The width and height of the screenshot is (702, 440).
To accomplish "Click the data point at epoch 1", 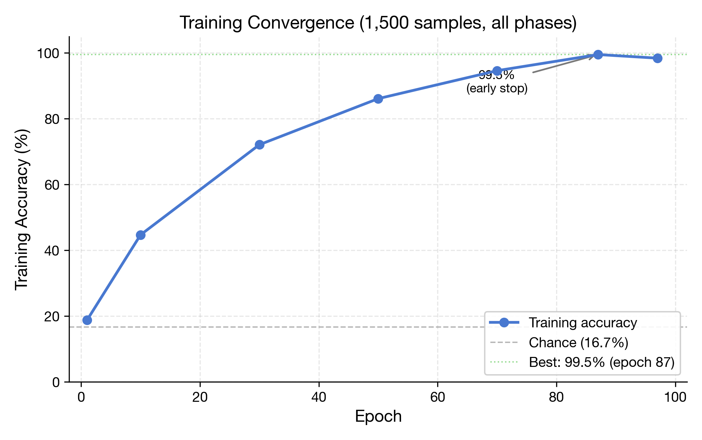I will coord(87,320).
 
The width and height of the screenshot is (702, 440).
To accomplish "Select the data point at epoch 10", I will coord(141,235).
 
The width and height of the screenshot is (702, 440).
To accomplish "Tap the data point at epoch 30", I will coord(259,145).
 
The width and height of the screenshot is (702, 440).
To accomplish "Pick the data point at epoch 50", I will coord(378,99).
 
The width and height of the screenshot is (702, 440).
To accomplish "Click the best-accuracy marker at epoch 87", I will coord(598,55).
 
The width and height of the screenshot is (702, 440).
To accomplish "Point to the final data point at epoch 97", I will coord(657,58).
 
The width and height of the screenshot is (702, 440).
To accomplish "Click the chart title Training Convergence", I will coord(378,23).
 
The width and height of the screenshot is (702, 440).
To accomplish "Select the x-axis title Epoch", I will coord(378,416).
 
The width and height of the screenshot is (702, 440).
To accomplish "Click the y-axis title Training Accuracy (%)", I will coord(22,209).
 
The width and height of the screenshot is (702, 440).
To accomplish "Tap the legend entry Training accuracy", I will coord(583,323).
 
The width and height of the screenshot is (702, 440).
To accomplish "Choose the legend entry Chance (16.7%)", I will coord(578,343).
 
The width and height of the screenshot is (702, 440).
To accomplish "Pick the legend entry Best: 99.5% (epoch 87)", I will coord(602,362).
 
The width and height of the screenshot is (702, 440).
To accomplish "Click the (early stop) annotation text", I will coord(497,88).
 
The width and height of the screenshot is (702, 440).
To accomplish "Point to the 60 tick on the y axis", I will coord(52,185).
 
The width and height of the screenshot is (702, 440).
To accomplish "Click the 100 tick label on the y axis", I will coord(48,53).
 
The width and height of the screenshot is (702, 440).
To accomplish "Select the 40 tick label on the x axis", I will coord(319,397).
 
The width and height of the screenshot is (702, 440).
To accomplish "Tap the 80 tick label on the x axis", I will coord(556,397).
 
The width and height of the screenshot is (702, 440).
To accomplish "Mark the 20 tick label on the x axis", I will coord(200,397).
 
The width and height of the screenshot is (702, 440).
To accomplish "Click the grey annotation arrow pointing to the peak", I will coord(561,64).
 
